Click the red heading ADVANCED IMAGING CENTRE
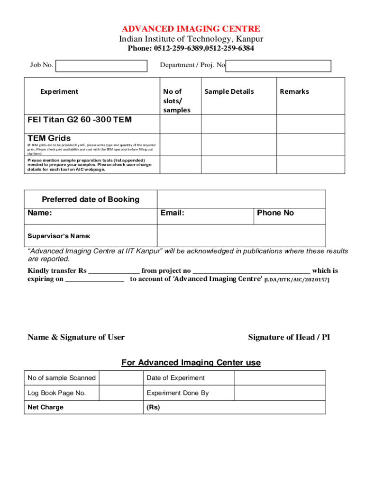tap(191, 29)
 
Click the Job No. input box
tap(101, 66)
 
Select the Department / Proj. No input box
tap(278, 66)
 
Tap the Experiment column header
tap(59, 91)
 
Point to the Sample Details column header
tap(229, 91)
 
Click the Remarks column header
tap(294, 91)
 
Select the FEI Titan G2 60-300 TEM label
tap(80, 120)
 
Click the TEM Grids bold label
tap(49, 138)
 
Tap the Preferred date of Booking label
tap(91, 199)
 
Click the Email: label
tap(172, 213)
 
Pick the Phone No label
tap(275, 213)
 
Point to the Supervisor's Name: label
tap(59, 236)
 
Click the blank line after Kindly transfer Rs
tap(114, 271)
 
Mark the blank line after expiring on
tap(94, 279)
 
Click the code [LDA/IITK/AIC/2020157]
tap(297, 280)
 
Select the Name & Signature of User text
tap(76, 337)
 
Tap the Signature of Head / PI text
tap(289, 337)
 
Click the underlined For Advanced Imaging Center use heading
tap(191, 363)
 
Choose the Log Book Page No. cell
tap(57, 393)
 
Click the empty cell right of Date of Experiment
tap(280, 378)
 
